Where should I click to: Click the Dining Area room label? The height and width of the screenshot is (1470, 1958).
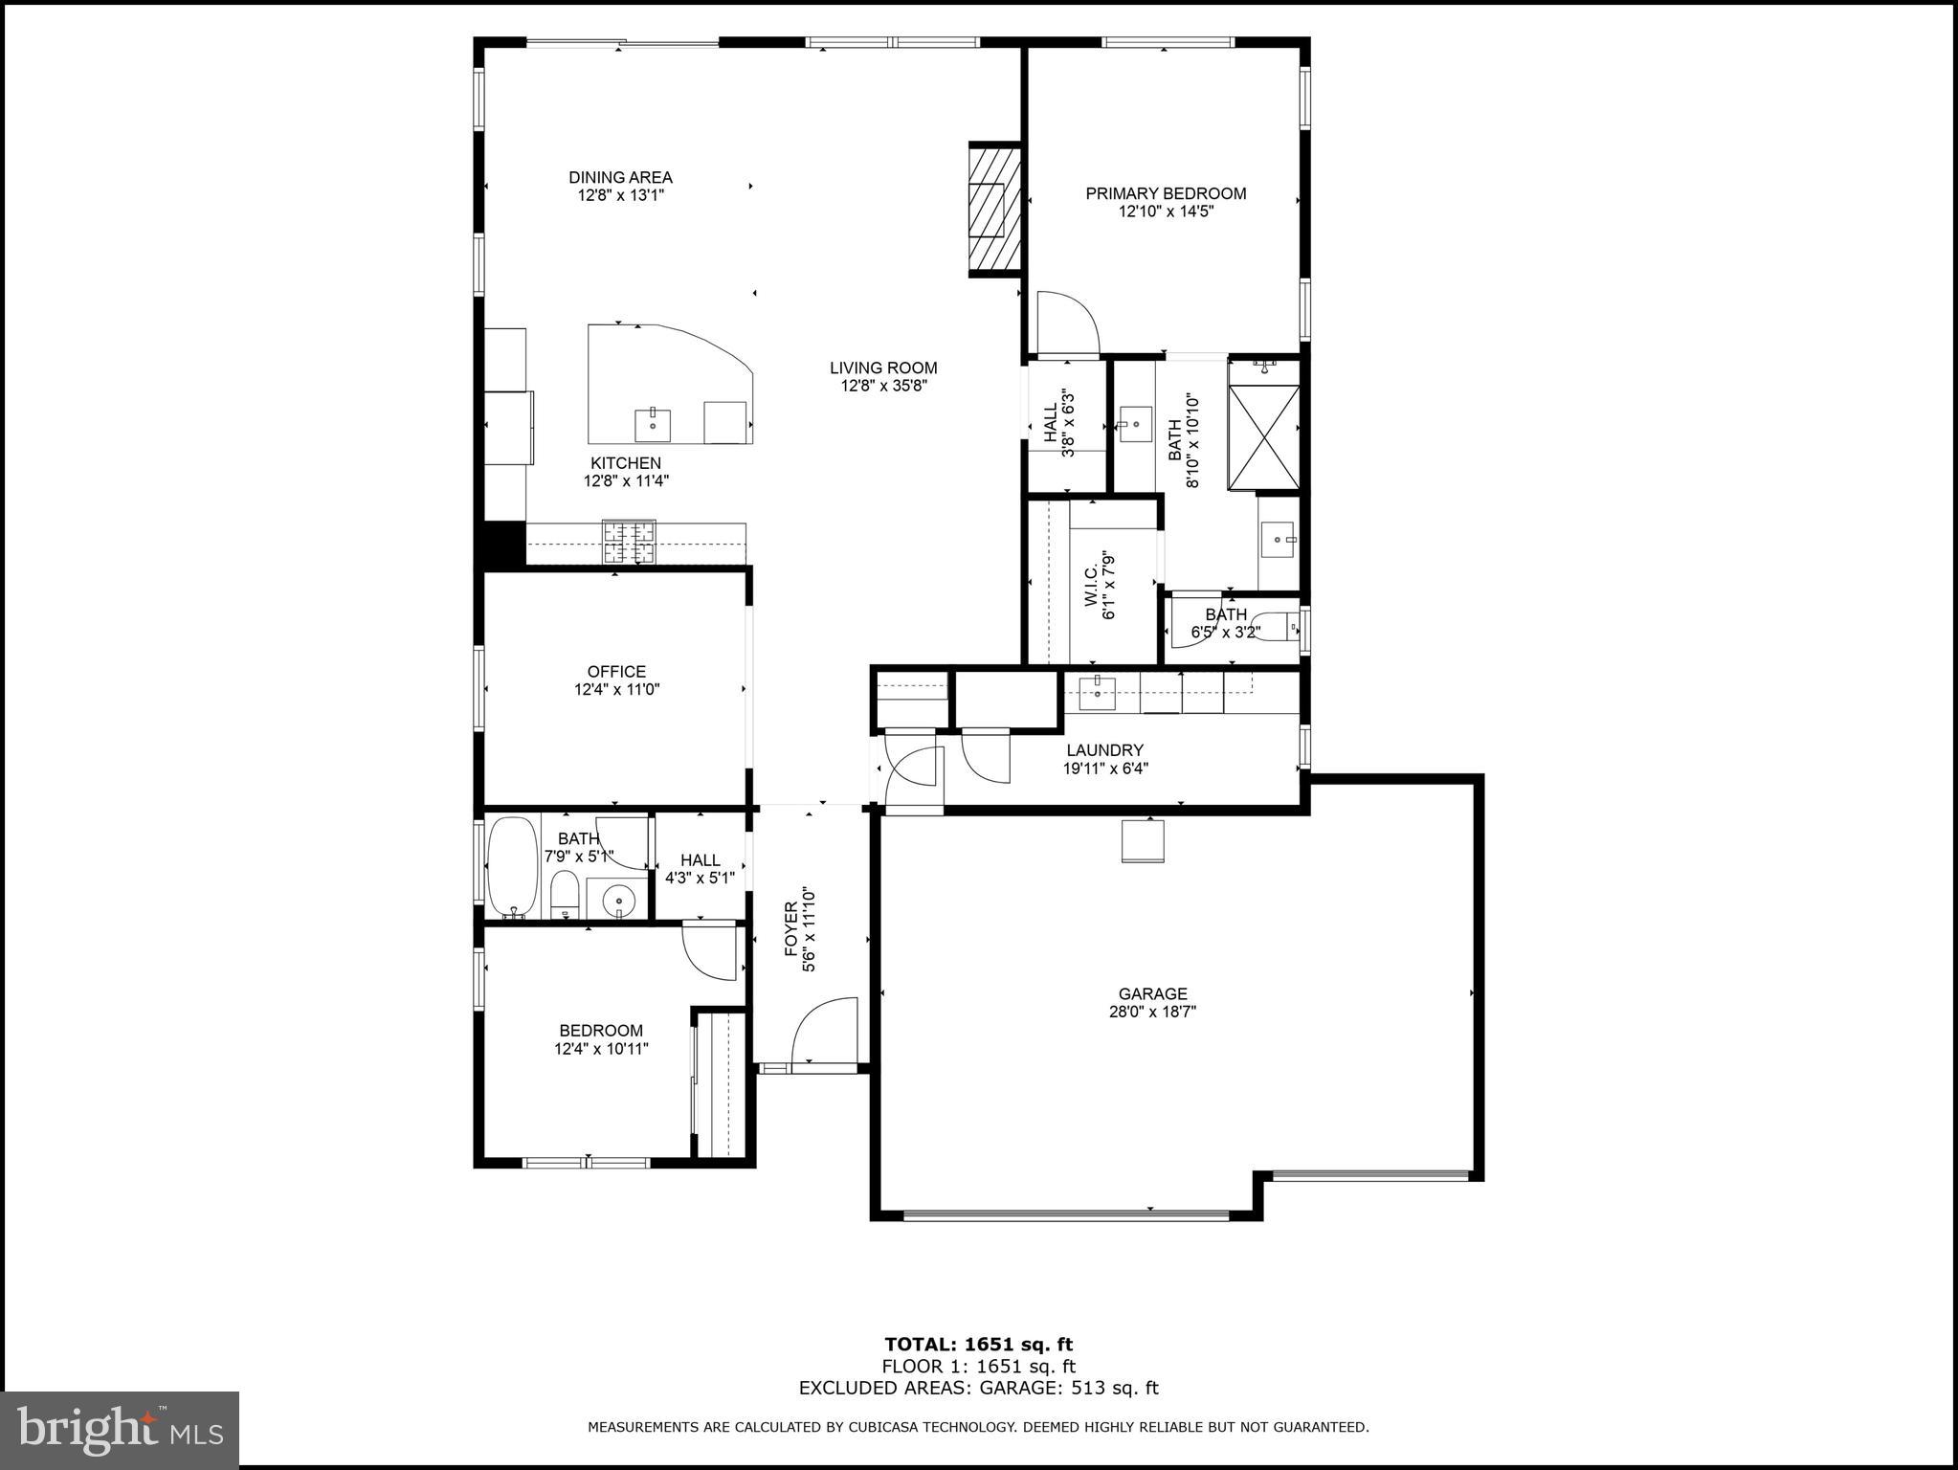[620, 177]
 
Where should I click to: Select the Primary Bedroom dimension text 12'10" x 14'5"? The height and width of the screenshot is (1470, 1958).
[1166, 212]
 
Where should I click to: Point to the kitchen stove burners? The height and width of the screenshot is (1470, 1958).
[629, 542]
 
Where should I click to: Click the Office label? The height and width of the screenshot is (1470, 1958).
[616, 672]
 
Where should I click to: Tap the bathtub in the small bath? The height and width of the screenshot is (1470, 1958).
[512, 867]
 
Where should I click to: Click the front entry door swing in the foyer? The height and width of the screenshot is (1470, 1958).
[823, 1032]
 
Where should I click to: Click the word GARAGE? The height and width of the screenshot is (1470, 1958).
[1152, 994]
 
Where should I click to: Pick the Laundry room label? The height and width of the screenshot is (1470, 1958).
[1104, 750]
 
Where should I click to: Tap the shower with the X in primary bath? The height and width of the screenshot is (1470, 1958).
[1263, 436]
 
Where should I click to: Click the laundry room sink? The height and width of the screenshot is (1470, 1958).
[1097, 692]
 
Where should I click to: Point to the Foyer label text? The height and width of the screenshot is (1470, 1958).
[791, 928]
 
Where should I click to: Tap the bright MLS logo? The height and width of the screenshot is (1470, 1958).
[120, 1430]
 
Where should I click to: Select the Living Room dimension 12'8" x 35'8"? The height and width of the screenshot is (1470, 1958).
[882, 386]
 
